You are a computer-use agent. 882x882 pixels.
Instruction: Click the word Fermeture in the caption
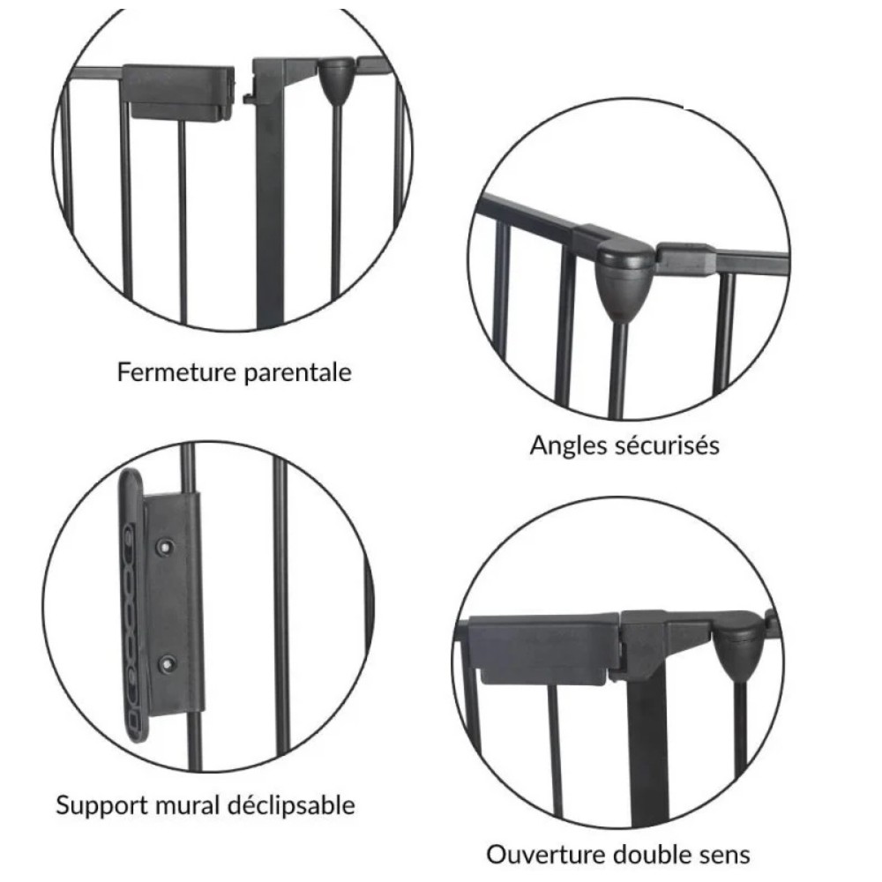coord(176,372)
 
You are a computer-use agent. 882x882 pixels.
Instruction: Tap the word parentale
coord(298,373)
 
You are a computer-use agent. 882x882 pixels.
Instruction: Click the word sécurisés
coord(667,445)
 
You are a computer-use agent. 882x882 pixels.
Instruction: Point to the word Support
coord(101,806)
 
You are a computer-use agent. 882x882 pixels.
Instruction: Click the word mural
coord(187,805)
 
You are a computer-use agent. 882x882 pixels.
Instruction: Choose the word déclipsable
coord(291,805)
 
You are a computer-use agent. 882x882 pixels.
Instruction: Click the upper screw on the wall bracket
coord(166,546)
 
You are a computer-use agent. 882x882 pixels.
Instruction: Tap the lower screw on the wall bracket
coord(167,664)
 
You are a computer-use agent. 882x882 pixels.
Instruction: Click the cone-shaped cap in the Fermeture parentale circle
coord(336,81)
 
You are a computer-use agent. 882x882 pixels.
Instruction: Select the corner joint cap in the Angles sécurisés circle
coord(624,275)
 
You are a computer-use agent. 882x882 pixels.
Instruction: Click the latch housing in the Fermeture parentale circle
coord(179,93)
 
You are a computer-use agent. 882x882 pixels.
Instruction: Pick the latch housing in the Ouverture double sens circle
coord(542,649)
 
